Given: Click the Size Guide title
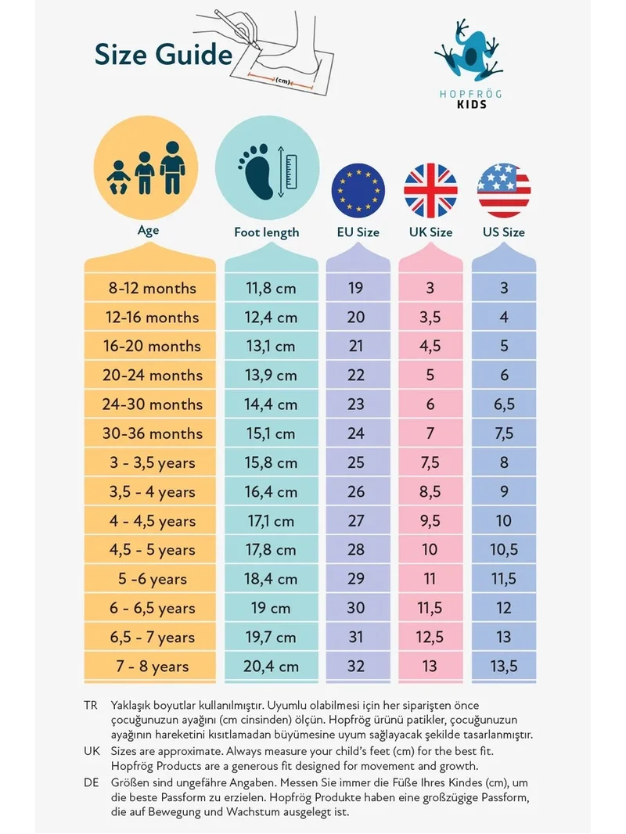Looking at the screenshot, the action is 164,55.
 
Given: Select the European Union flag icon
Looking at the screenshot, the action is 358,190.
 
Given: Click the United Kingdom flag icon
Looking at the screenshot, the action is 431,190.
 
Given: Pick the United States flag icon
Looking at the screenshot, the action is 504,190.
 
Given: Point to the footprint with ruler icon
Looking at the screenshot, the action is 267,171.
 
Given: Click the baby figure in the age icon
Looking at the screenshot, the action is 119,177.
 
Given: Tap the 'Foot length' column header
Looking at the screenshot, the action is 267,232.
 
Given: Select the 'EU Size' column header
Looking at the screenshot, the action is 358,232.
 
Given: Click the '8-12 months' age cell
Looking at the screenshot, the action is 153,288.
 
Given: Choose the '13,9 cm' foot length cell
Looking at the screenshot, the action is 271,376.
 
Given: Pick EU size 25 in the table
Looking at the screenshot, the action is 356,462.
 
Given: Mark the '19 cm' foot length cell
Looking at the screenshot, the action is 271,608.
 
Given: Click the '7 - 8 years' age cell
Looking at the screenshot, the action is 153,667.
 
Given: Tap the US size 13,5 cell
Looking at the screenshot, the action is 504,667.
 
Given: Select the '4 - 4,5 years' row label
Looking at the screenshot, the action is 153,521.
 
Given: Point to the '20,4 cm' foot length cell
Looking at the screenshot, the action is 271,667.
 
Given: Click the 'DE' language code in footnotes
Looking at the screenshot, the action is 91,782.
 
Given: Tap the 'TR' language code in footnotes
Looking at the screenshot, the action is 91,705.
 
